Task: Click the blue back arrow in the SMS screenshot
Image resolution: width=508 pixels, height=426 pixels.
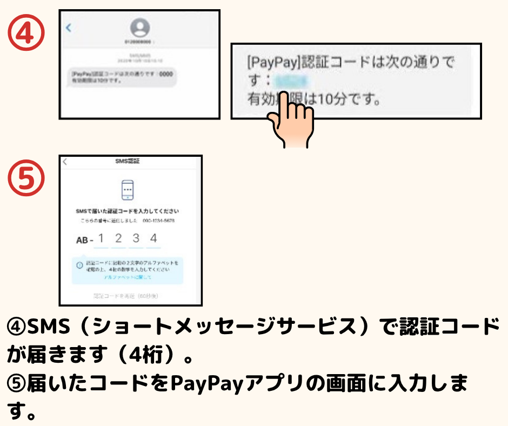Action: click(x=68, y=28)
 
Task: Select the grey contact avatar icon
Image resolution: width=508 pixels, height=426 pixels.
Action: click(x=140, y=28)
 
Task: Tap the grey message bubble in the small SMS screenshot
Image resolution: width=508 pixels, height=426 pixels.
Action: click(x=124, y=77)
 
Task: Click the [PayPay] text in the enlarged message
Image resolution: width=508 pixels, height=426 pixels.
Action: click(x=269, y=62)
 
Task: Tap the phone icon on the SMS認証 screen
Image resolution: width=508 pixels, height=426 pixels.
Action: click(x=128, y=189)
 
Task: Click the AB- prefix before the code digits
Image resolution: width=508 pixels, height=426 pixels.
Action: click(x=84, y=239)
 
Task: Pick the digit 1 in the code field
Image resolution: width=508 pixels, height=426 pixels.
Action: click(x=101, y=238)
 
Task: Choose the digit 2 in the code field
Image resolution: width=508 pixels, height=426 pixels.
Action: click(x=118, y=238)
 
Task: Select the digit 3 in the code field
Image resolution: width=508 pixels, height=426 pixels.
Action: click(x=136, y=238)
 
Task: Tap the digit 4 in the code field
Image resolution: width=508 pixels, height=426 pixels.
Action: click(x=154, y=238)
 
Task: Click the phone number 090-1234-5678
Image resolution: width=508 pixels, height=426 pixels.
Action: click(x=158, y=221)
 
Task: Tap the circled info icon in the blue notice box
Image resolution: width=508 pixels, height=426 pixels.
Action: click(x=79, y=265)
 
